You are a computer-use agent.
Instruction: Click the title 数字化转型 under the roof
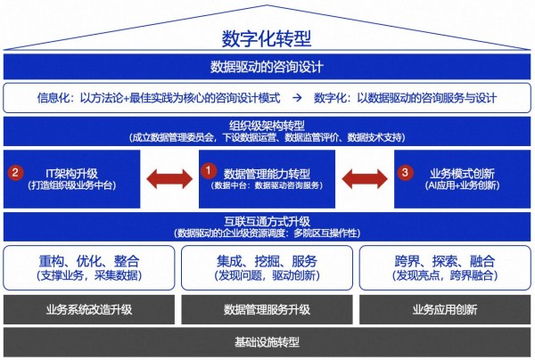click(x=267, y=38)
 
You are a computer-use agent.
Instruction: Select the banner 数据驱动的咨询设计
click(x=267, y=67)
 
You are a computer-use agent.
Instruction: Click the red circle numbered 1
click(x=207, y=168)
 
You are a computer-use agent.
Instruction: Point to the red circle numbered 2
click(x=15, y=172)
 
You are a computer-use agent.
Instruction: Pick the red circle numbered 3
click(x=406, y=172)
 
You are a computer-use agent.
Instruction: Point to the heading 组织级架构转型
click(x=267, y=125)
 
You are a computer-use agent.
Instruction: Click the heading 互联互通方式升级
click(x=267, y=220)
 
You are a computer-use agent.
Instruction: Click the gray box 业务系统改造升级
click(x=89, y=309)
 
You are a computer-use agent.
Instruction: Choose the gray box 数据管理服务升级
click(x=267, y=309)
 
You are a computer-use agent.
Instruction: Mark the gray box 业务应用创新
click(x=445, y=309)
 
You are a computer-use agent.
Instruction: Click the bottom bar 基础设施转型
click(x=267, y=342)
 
